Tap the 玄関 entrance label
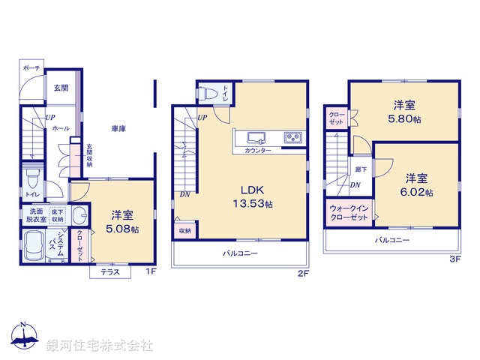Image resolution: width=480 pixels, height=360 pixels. (61, 89)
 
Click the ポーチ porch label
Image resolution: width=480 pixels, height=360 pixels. (31, 68)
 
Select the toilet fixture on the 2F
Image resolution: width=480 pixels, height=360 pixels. (211, 94)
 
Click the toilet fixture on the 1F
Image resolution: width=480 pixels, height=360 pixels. (31, 180)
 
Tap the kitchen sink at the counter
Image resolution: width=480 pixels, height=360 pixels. (255, 137)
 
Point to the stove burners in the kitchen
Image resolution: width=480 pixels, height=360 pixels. (292, 137)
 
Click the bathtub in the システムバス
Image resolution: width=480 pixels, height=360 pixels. (31, 244)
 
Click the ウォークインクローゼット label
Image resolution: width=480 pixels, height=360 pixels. (349, 212)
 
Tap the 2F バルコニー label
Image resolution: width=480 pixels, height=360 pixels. (240, 253)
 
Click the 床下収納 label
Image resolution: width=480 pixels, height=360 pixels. (58, 215)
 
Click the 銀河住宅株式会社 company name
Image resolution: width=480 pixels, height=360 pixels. (100, 345)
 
